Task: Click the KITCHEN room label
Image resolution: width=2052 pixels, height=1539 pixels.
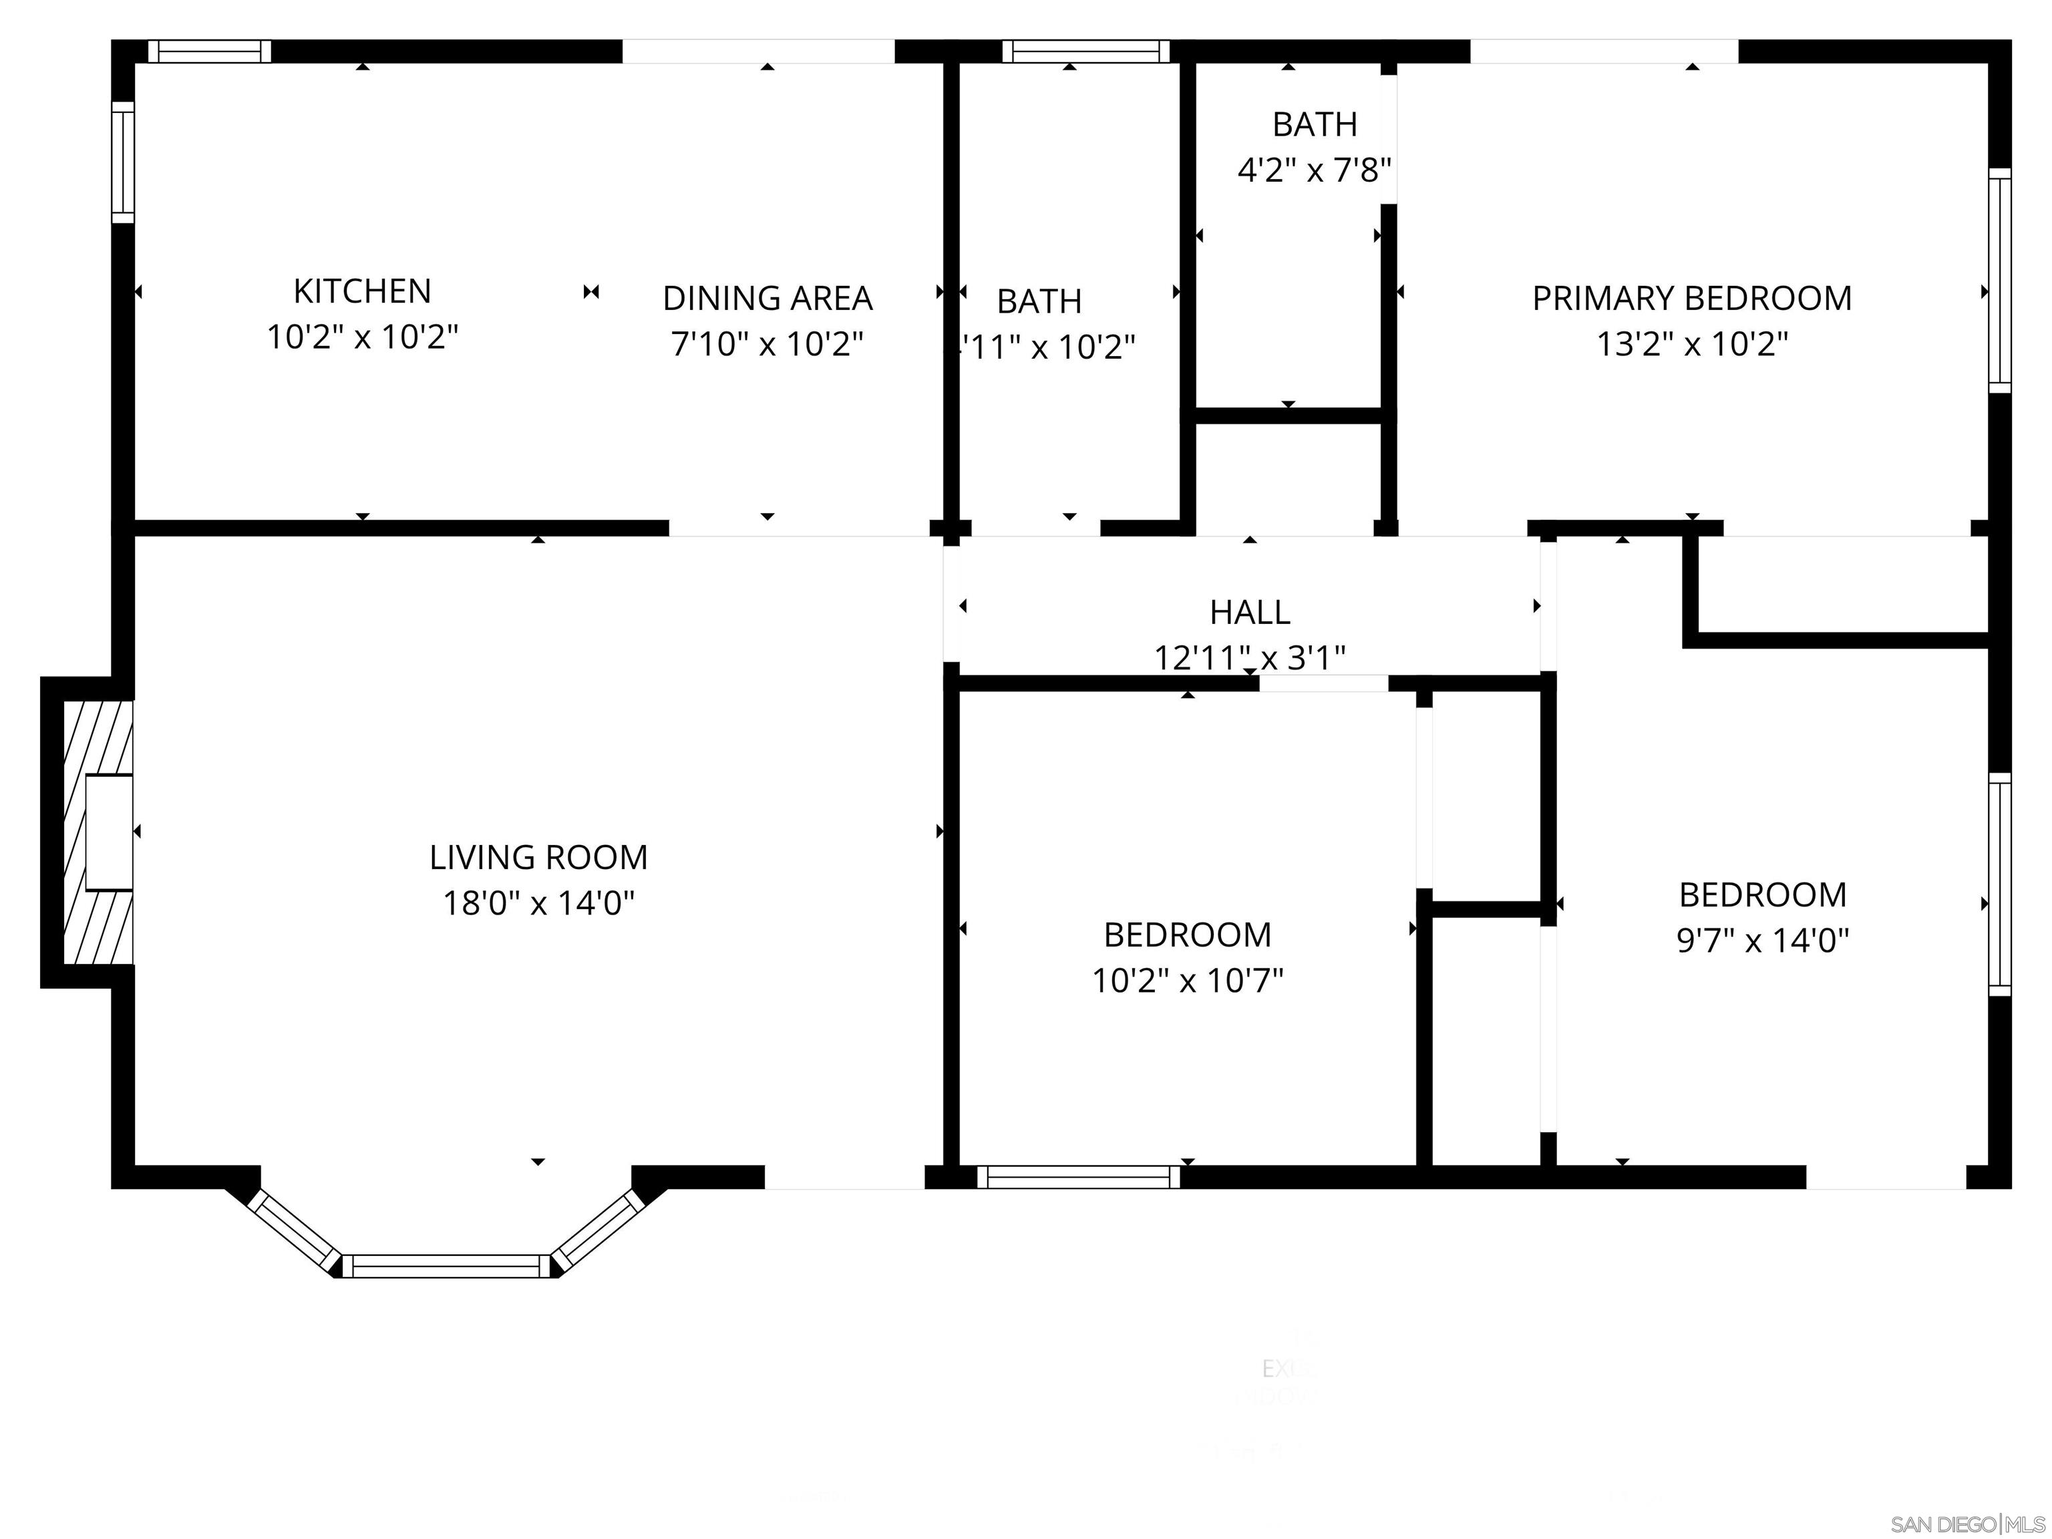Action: point(362,291)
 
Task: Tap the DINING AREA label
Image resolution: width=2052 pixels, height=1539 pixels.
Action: point(767,298)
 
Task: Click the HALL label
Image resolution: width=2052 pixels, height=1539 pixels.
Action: point(1250,613)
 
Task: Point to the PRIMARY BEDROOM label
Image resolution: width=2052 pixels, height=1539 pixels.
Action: point(1691,298)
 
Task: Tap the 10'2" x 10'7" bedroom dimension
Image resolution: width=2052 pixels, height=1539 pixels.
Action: point(1188,981)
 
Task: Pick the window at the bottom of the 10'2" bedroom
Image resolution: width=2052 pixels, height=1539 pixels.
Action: point(1078,1177)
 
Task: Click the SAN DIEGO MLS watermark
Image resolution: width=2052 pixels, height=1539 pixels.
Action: point(1966,1524)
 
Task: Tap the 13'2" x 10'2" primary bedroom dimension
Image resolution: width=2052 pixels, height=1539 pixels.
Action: point(1691,344)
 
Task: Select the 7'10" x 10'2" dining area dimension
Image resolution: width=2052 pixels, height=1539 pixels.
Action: point(767,344)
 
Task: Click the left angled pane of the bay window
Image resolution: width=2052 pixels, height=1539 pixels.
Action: point(293,1231)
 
